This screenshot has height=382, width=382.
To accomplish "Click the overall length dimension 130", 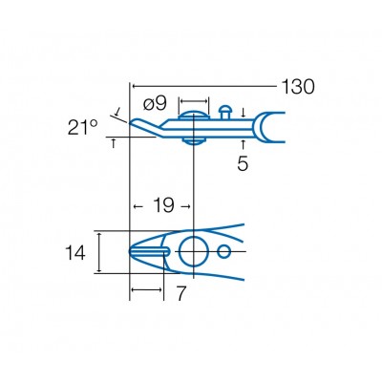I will point(297,87).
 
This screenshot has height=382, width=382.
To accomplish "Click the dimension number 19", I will point(161,205).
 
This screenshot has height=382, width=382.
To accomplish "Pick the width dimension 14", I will point(77,253).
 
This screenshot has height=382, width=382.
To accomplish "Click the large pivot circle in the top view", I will point(194,251).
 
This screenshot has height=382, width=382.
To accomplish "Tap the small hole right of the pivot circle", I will point(224,251).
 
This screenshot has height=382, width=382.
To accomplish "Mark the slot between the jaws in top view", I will point(153,251).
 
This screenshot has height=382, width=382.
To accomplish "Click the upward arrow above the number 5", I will point(244,142).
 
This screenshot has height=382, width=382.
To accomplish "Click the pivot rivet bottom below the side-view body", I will point(194,140).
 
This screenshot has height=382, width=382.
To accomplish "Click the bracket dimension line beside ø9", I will point(194,99).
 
